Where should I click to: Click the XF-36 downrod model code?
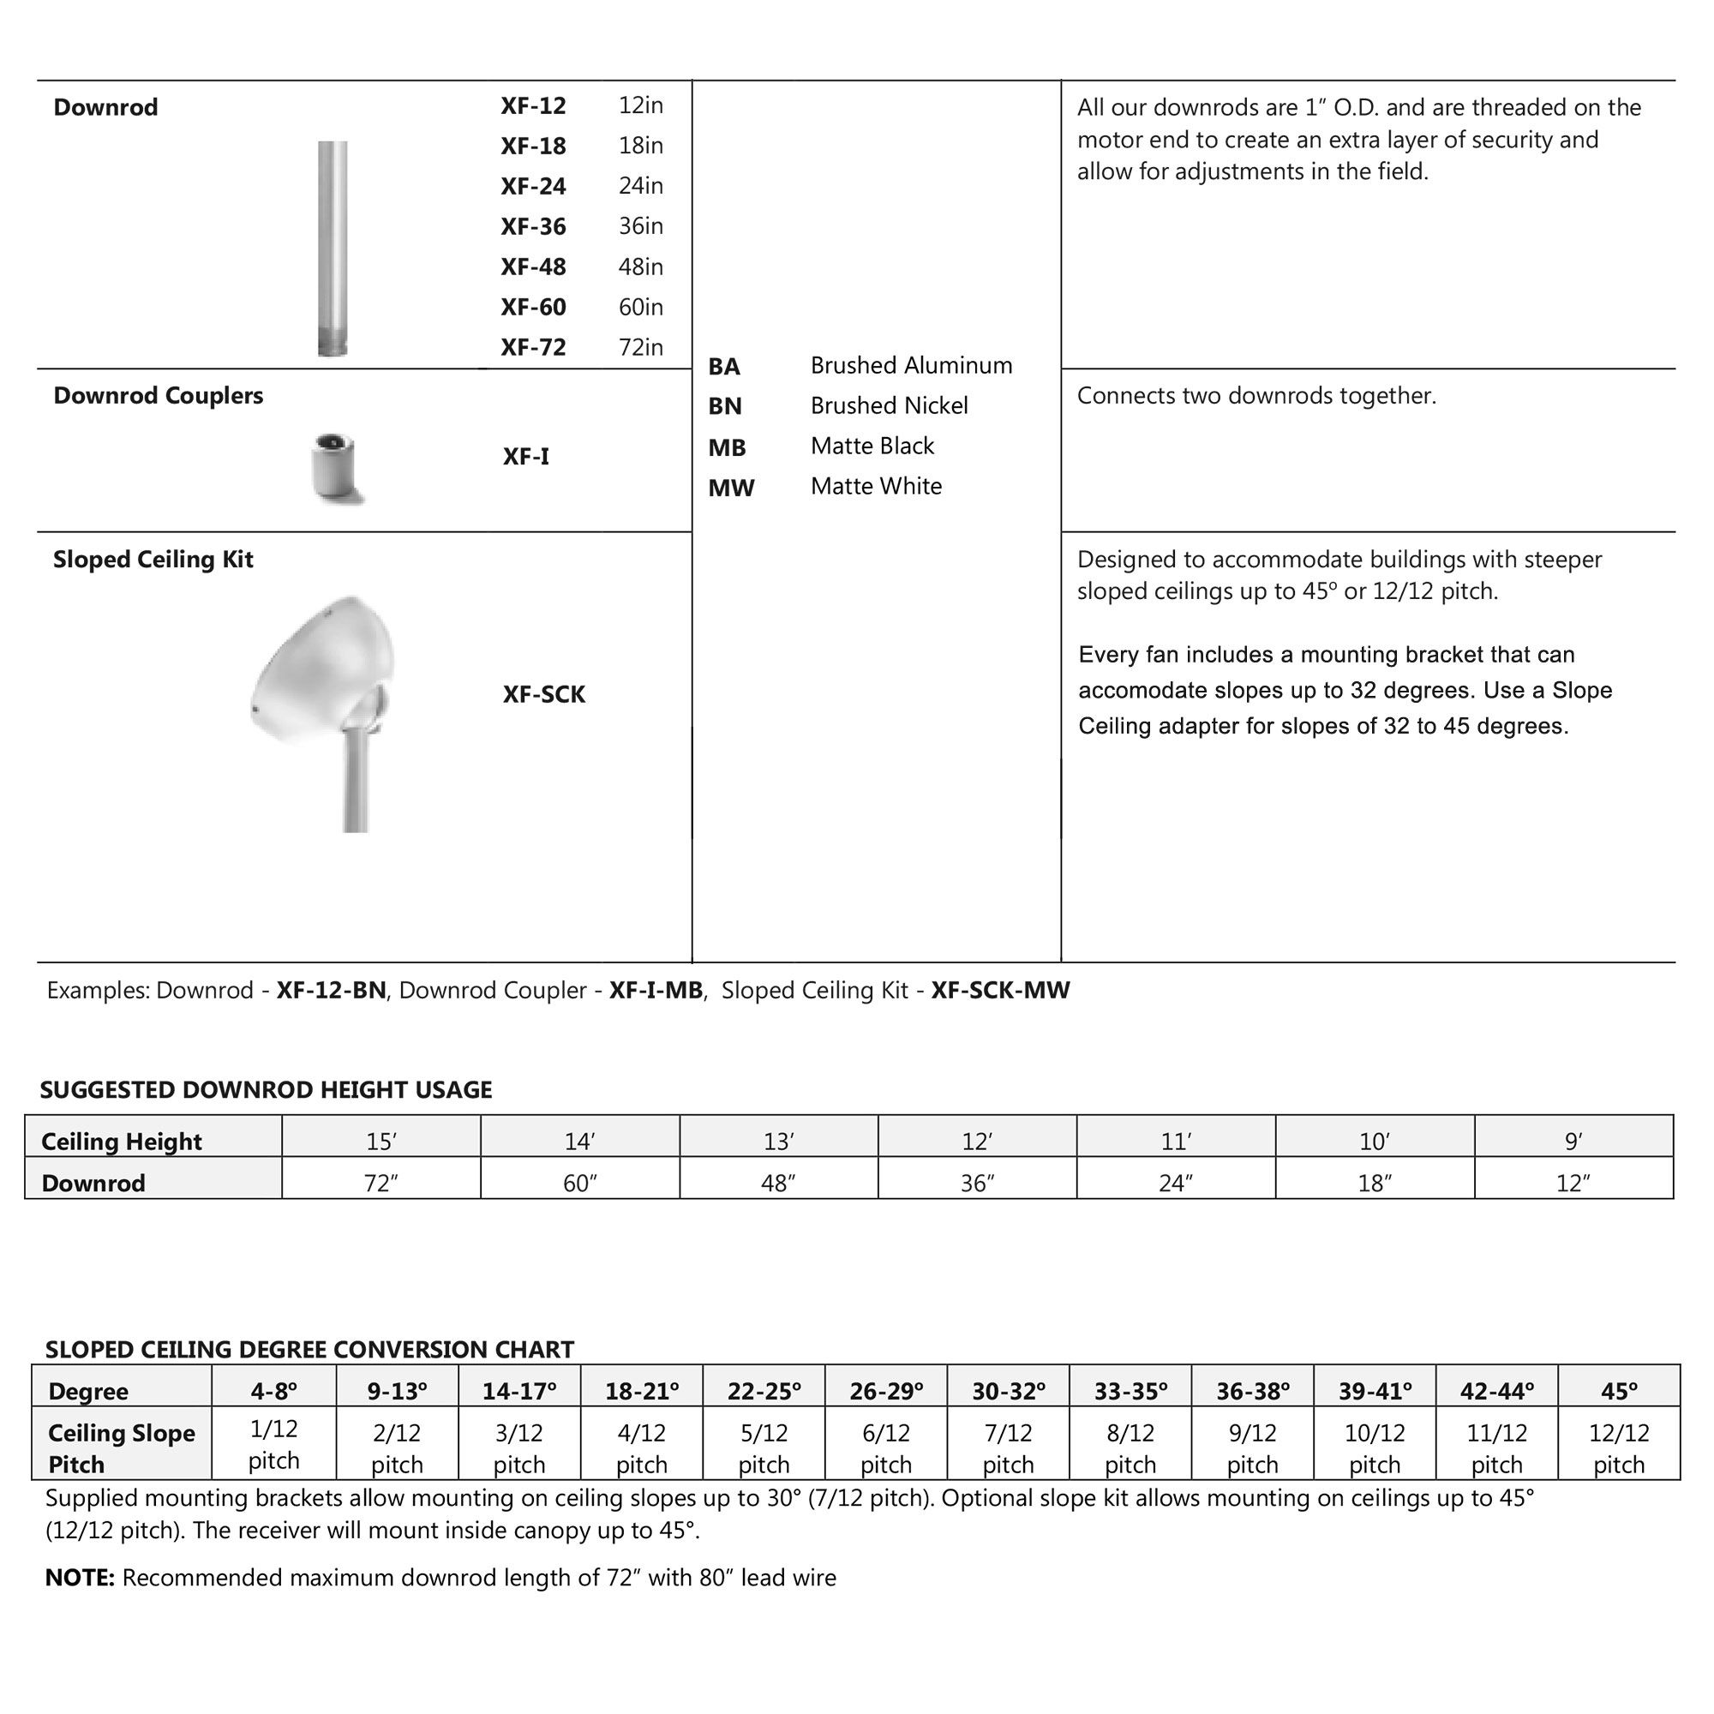coord(532,227)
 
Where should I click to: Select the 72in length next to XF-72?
coord(640,347)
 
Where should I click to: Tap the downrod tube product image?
coord(333,249)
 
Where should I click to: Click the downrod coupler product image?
coord(336,468)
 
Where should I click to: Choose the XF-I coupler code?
coord(525,457)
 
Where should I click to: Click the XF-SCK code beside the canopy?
coord(544,695)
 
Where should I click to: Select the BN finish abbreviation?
coord(724,406)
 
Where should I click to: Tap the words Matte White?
coord(876,486)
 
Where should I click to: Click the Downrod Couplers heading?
coord(158,396)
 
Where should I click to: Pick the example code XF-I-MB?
coord(655,990)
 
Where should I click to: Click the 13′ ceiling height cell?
coord(778,1142)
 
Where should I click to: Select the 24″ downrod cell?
coord(1176,1184)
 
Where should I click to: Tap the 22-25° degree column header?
coord(763,1391)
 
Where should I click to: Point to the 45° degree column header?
coord(1618,1391)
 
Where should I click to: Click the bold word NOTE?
coord(80,1579)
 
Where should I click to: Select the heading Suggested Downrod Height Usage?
coord(266,1090)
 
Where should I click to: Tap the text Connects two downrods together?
coord(1256,396)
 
